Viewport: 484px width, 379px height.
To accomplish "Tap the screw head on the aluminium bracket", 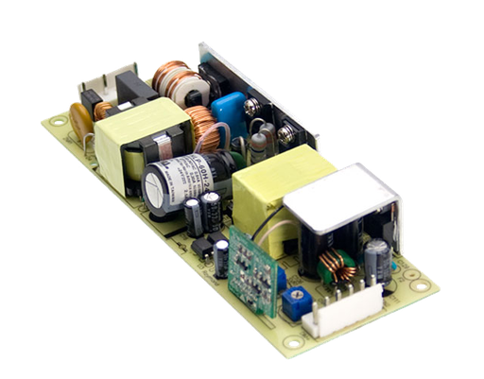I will (x=252, y=108).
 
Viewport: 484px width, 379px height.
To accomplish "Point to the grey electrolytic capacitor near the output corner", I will (x=378, y=258).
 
